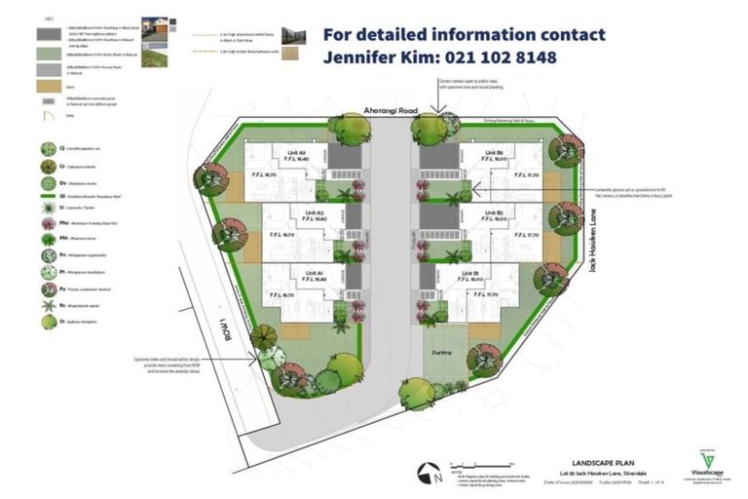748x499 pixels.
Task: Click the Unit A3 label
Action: [296, 153]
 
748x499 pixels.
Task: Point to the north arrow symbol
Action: [430, 473]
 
